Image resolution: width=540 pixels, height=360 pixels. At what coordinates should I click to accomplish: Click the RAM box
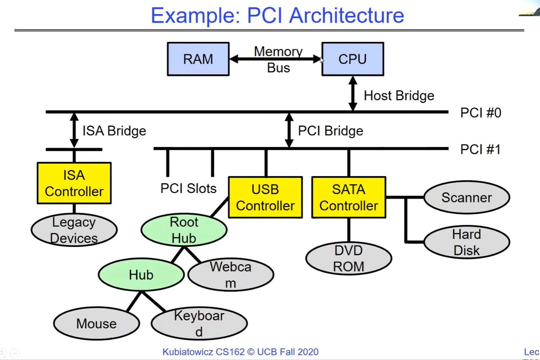[198, 59]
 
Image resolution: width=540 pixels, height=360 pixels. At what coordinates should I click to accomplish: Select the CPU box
[352, 59]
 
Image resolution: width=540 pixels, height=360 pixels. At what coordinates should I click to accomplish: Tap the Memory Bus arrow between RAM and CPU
[275, 59]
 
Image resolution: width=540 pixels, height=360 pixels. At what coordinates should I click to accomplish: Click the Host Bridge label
[399, 96]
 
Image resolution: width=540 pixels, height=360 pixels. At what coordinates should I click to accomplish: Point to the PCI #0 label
[480, 113]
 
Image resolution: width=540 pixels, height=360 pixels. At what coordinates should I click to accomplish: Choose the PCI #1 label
[480, 149]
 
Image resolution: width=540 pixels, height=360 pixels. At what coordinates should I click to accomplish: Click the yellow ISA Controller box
[74, 183]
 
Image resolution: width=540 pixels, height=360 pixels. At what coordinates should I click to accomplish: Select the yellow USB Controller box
[265, 197]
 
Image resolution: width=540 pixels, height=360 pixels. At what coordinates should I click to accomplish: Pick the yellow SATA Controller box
[349, 197]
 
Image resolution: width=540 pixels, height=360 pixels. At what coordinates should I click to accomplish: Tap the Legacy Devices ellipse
[74, 230]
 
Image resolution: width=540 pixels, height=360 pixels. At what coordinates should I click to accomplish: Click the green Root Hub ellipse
[184, 230]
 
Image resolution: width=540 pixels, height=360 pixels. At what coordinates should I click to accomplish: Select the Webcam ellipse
[231, 274]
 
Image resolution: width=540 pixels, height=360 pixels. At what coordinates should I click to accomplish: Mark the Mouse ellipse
[96, 323]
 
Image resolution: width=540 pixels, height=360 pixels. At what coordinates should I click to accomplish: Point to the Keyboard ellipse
[199, 323]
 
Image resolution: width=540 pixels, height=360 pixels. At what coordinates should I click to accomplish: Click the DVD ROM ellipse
[349, 258]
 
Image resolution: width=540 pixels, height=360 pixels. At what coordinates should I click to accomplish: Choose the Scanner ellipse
[466, 197]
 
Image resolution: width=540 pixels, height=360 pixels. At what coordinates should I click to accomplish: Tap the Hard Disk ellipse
[466, 242]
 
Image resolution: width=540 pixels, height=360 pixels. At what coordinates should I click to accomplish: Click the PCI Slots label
[188, 188]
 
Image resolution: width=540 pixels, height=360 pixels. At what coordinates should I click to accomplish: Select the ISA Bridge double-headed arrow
[74, 130]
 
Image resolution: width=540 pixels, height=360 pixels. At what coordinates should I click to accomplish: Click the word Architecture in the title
[347, 16]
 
